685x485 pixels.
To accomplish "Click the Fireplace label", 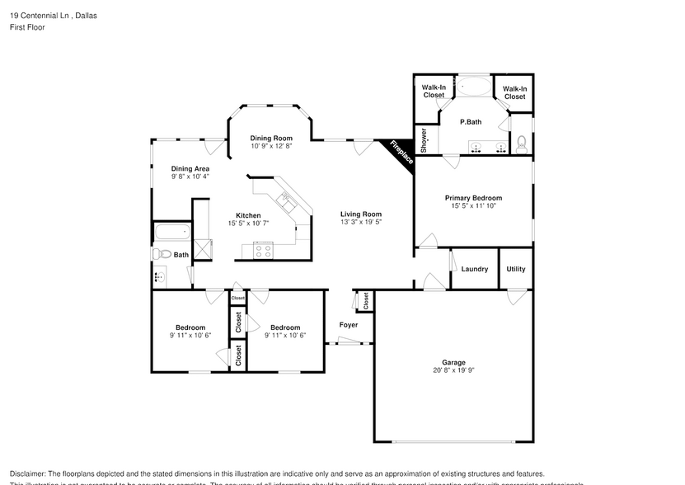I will [401, 153].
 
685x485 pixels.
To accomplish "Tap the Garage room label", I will [453, 362].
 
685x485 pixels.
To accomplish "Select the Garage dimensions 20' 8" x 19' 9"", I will [453, 371].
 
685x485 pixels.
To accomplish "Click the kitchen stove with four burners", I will [264, 251].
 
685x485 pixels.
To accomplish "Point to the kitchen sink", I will [286, 200].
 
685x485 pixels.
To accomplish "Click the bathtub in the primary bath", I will [472, 86].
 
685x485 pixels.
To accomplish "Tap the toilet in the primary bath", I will [521, 144].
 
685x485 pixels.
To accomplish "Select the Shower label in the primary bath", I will [424, 140].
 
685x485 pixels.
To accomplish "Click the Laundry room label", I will [474, 269].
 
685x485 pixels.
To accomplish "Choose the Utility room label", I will [516, 269].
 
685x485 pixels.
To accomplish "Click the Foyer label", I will [349, 325].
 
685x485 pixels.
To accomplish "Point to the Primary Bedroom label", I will [473, 198].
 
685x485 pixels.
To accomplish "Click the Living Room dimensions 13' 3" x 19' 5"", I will [361, 222].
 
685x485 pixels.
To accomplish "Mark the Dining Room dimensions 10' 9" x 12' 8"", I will [272, 147].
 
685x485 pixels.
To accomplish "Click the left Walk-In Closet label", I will [434, 92].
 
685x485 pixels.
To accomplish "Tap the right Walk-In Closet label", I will [514, 92].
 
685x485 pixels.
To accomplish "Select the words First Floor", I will [27, 27].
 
